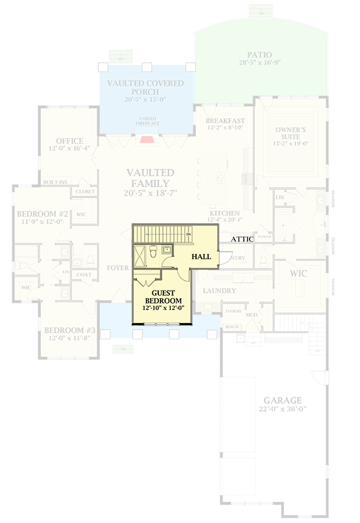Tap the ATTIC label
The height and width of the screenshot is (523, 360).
click(x=242, y=239)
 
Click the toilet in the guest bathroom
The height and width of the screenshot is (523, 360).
click(x=152, y=251)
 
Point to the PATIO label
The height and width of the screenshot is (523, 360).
click(x=259, y=55)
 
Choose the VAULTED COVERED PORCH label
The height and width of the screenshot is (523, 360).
click(x=145, y=87)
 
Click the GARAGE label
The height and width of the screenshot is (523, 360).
click(x=282, y=400)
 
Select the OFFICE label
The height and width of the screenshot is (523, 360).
click(x=69, y=141)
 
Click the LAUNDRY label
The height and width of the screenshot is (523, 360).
click(x=220, y=291)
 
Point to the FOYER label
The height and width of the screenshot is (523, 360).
click(x=117, y=268)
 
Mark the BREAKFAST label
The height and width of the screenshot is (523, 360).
click(x=225, y=121)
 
